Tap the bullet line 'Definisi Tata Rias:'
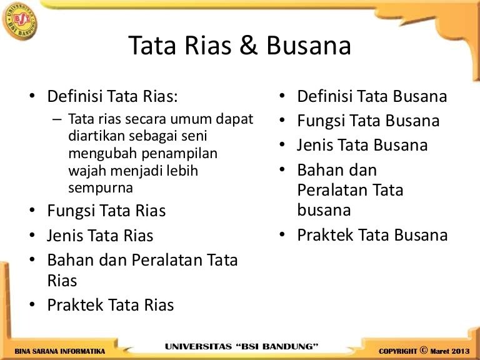(x=112, y=97)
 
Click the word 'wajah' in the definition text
(x=86, y=170)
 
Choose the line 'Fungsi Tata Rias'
(x=106, y=211)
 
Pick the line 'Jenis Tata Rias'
(x=100, y=236)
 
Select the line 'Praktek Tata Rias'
(x=111, y=305)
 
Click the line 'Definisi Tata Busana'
(x=372, y=96)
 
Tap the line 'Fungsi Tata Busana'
(x=368, y=121)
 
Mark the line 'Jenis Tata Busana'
(x=362, y=145)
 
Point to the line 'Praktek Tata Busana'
(x=372, y=235)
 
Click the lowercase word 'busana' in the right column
(x=324, y=210)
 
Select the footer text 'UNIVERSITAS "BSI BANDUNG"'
(x=241, y=346)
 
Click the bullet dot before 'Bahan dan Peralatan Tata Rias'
(x=31, y=259)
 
